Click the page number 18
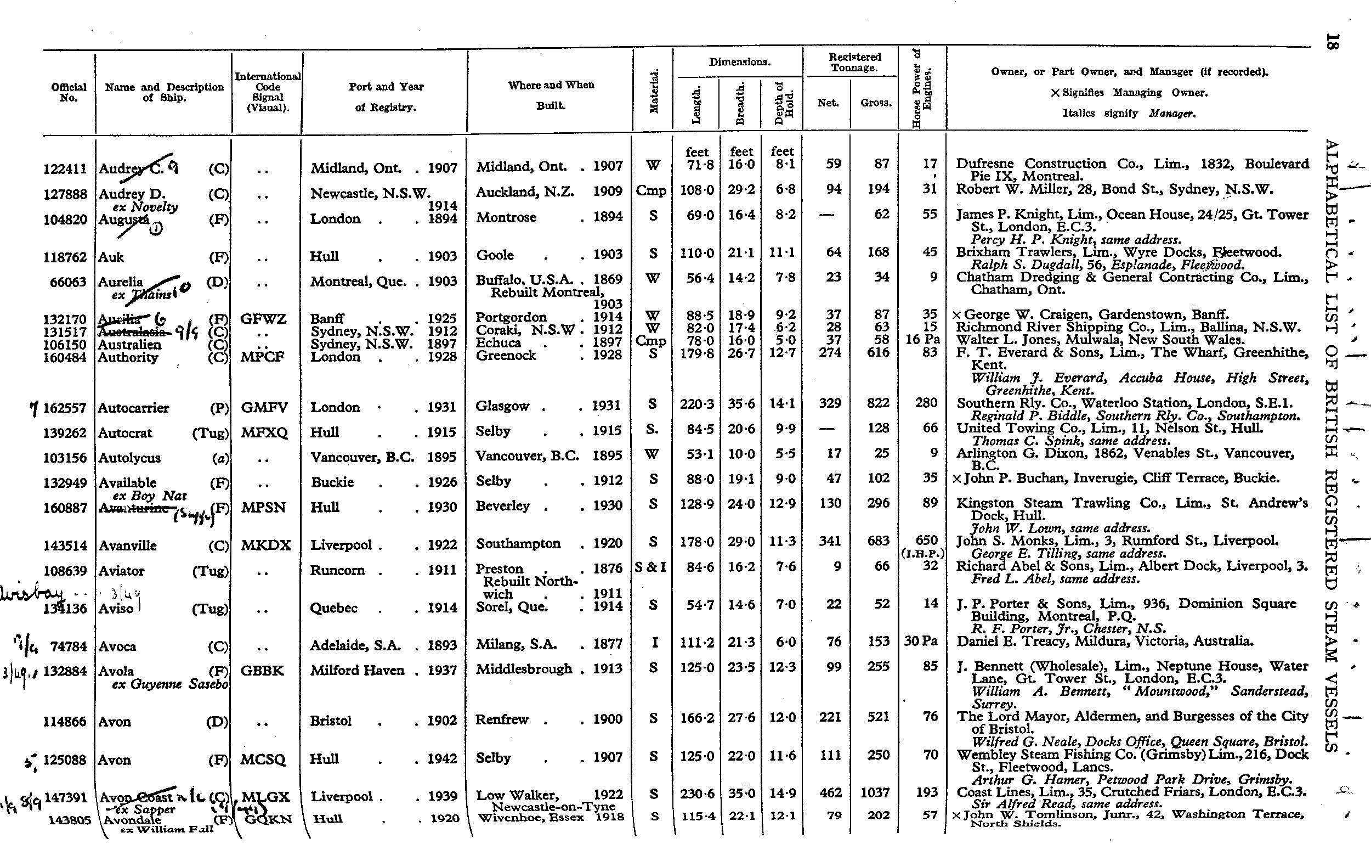[1332, 42]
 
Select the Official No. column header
[69, 92]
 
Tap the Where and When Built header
[551, 94]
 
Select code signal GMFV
[264, 408]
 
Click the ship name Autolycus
[129, 458]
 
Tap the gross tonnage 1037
[875, 793]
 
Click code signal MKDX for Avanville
[265, 545]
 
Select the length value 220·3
[696, 404]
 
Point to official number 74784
[69, 646]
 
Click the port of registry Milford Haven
[357, 671]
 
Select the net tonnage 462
[830, 793]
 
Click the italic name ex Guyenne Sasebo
[170, 684]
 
